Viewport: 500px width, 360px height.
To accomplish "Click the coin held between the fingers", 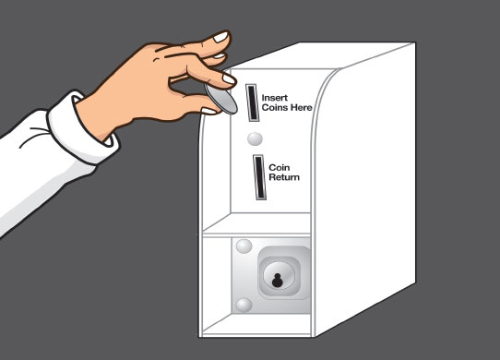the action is point(221,99).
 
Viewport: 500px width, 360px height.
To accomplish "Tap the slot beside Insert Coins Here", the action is point(252,102).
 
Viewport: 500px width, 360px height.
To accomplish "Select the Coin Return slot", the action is point(259,177).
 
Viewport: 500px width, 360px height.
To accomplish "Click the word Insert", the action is point(274,98).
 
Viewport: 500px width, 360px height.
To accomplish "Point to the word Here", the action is point(301,108).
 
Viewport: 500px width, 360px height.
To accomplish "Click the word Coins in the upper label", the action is point(275,108).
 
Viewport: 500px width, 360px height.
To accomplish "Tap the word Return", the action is point(284,177).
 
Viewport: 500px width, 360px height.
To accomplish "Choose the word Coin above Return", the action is point(280,168).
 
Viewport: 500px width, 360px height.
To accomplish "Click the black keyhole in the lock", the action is point(277,281).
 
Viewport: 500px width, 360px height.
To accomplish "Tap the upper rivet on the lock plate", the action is point(244,246).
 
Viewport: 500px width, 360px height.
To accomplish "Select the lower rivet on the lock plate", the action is point(244,305).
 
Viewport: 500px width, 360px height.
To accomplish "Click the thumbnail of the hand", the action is point(208,111).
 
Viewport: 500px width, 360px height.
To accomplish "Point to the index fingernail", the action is point(220,37).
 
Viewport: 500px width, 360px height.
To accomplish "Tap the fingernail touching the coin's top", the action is point(228,78).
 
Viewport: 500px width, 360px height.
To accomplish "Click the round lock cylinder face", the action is point(279,276).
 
